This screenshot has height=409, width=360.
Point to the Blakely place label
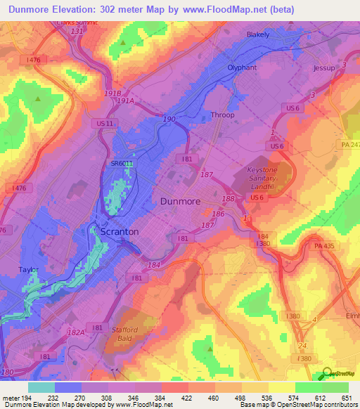pyautogui.click(x=258, y=34)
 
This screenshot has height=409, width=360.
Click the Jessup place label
pyautogui.click(x=326, y=68)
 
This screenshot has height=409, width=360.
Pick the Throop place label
pyautogui.click(x=223, y=115)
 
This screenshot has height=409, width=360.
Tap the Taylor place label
pyautogui.click(x=29, y=269)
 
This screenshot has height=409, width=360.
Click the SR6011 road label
pyautogui.click(x=122, y=163)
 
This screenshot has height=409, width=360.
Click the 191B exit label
pyautogui.click(x=112, y=92)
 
